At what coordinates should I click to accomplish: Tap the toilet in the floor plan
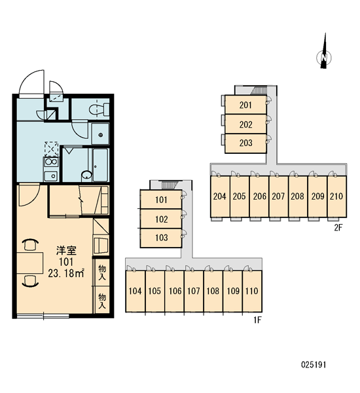click(99, 109)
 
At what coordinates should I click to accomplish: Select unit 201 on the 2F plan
click(245, 105)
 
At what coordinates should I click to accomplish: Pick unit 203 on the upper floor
click(245, 143)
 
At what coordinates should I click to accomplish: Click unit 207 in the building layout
click(279, 196)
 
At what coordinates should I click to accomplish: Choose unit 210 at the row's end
click(336, 196)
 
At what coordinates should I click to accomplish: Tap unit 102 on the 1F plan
click(161, 219)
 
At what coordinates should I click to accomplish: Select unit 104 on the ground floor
click(135, 291)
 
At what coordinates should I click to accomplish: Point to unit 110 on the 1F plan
click(252, 291)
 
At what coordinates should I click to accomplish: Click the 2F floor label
click(338, 227)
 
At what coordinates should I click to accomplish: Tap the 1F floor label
click(257, 320)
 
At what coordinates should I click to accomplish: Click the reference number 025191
click(314, 365)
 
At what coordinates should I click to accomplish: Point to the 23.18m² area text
click(66, 273)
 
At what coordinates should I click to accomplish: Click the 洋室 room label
click(66, 250)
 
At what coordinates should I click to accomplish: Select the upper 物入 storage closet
click(102, 272)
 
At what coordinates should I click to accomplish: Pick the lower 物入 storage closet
click(102, 300)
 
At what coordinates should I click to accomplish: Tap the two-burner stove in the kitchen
click(51, 162)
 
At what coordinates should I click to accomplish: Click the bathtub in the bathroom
click(100, 165)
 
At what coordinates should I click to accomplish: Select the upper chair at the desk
click(30, 245)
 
